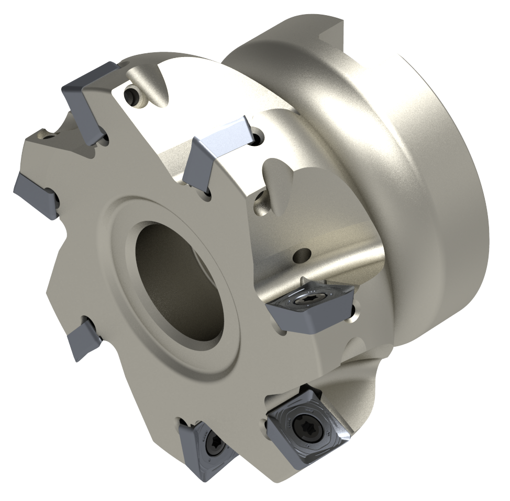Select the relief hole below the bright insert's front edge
coord(207,193)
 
